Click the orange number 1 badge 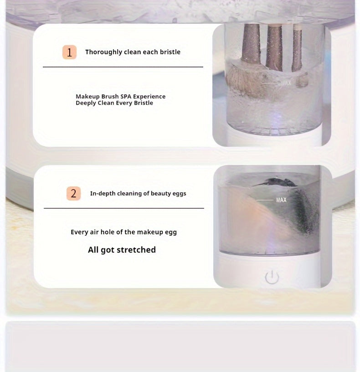coord(69,52)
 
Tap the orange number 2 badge coord(73,193)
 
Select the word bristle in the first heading coord(170,52)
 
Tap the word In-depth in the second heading coord(103,193)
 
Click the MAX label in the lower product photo coord(281,200)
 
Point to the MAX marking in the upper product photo coord(285,83)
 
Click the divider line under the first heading coord(123,67)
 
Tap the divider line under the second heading coord(124,208)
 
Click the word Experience coord(149,97)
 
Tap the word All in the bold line coord(94,250)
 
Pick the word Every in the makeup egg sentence coord(79,232)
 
